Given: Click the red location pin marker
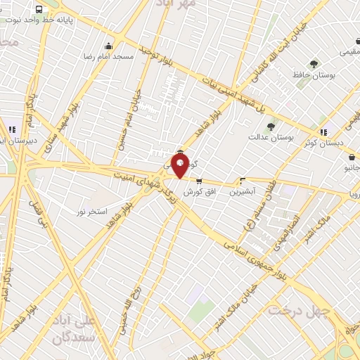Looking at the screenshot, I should pos(180,167).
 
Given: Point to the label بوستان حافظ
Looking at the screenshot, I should pos(314,75).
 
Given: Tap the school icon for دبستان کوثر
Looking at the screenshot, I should pos(323,131).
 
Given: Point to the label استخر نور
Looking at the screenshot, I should pos(91,211).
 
